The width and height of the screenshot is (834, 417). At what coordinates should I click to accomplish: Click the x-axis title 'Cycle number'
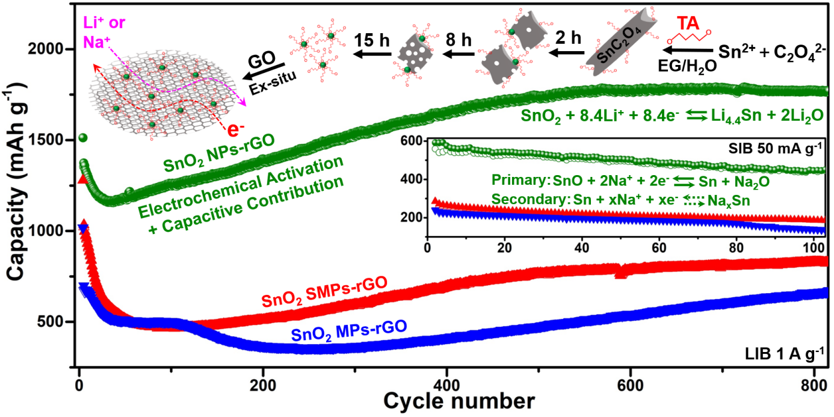[458, 400]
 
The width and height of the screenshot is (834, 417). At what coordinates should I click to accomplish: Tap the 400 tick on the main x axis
[445, 385]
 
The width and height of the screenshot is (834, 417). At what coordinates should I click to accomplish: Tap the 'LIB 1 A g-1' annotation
[783, 354]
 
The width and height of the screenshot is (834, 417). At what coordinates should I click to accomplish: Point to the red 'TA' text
[688, 24]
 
